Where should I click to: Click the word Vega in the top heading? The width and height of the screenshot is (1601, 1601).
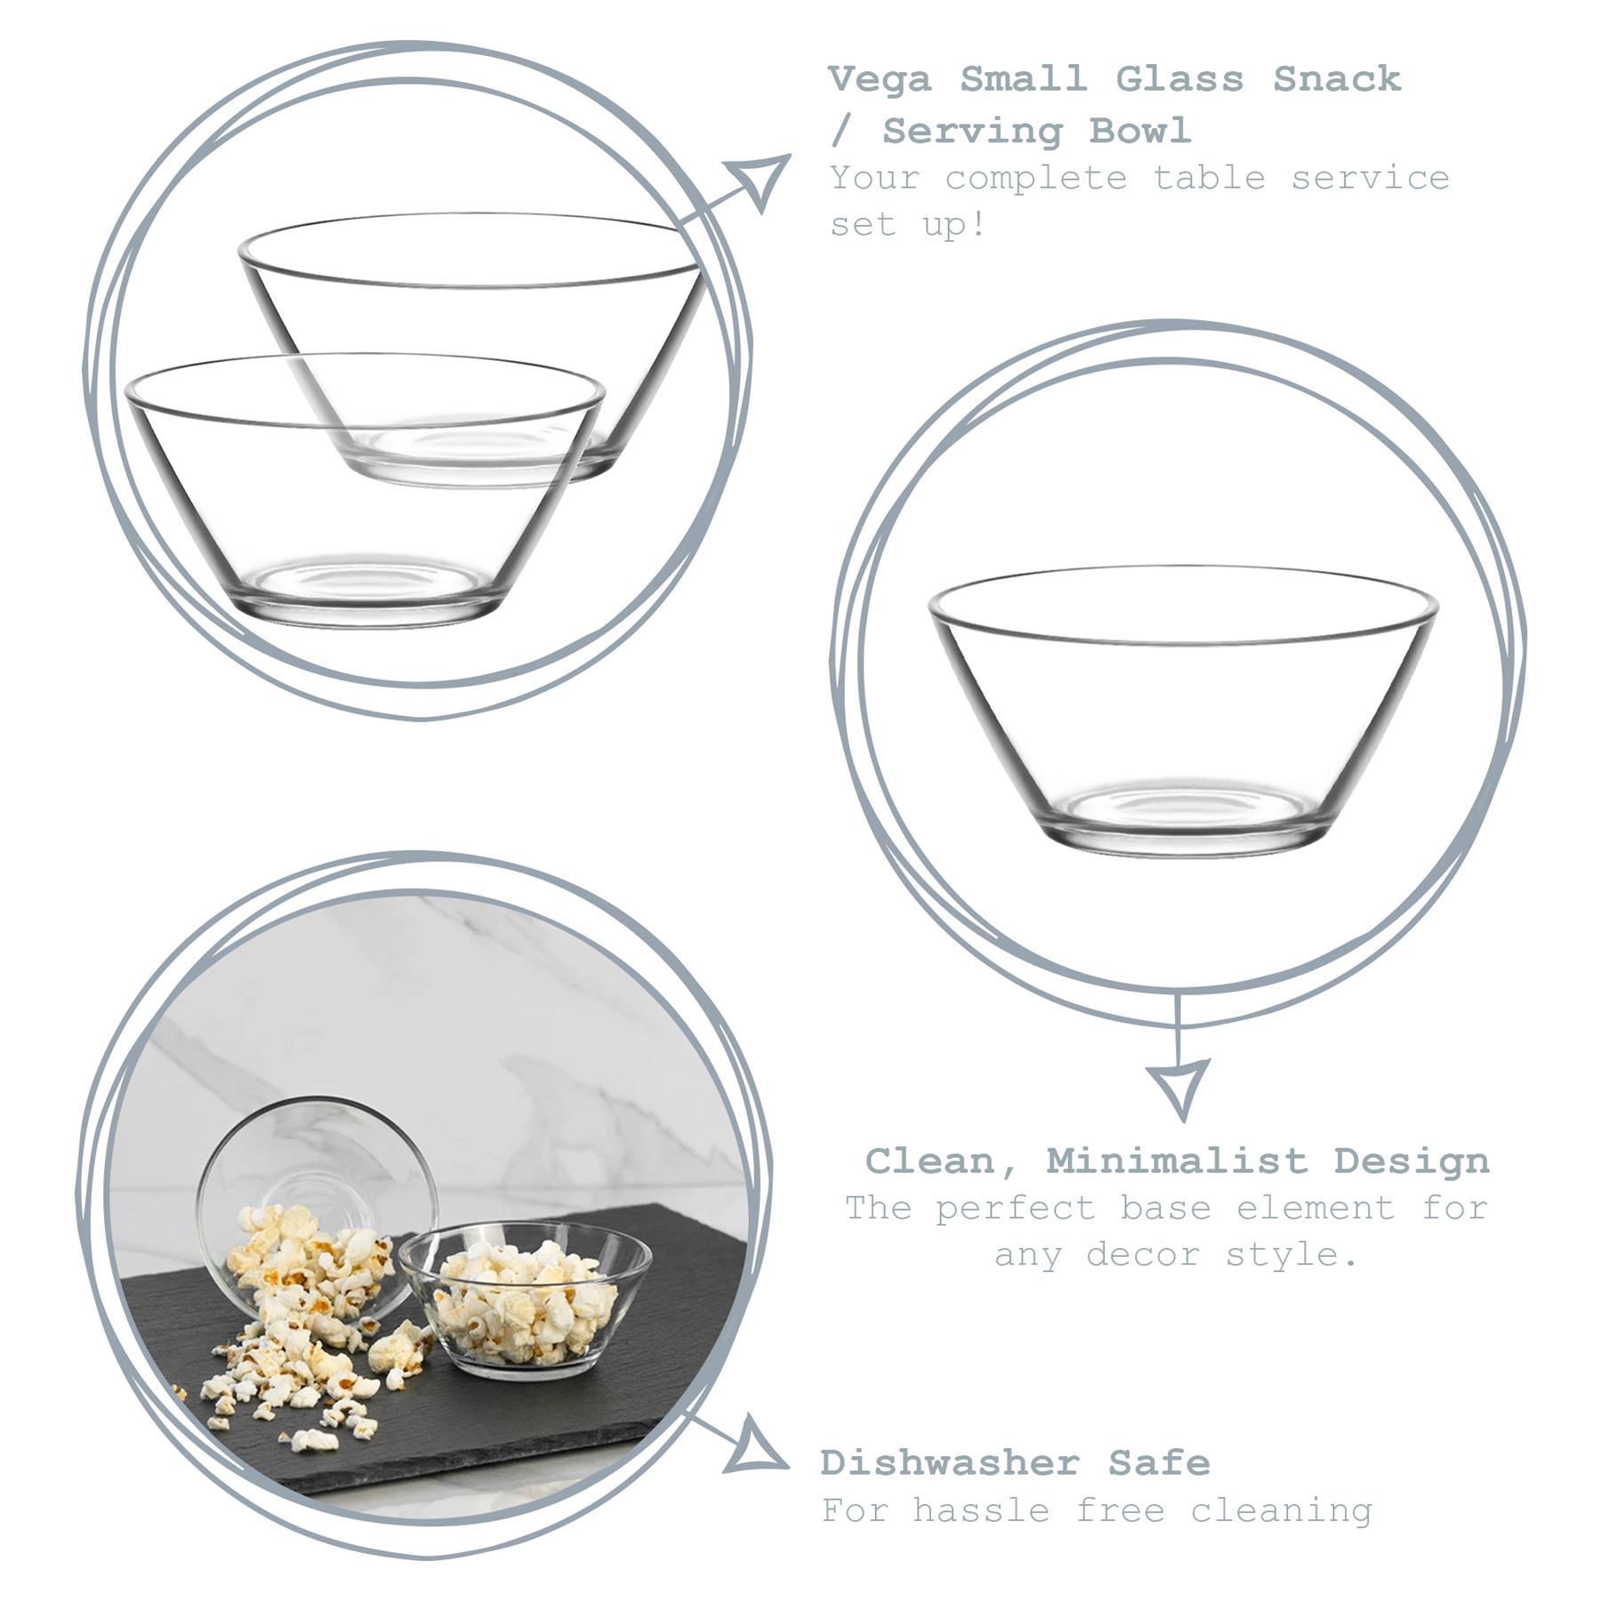(x=881, y=80)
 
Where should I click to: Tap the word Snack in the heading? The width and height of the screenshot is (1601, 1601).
(x=1337, y=80)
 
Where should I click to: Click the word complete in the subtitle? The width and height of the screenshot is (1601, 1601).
(x=1035, y=179)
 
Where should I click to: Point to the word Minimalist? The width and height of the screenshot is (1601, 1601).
(x=1176, y=1162)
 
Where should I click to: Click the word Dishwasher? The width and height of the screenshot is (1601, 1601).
(x=950, y=1463)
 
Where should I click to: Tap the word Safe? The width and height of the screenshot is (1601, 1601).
(x=1160, y=1463)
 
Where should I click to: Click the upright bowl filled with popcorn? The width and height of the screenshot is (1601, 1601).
(x=525, y=1299)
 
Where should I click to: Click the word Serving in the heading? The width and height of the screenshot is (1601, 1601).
(x=972, y=132)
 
